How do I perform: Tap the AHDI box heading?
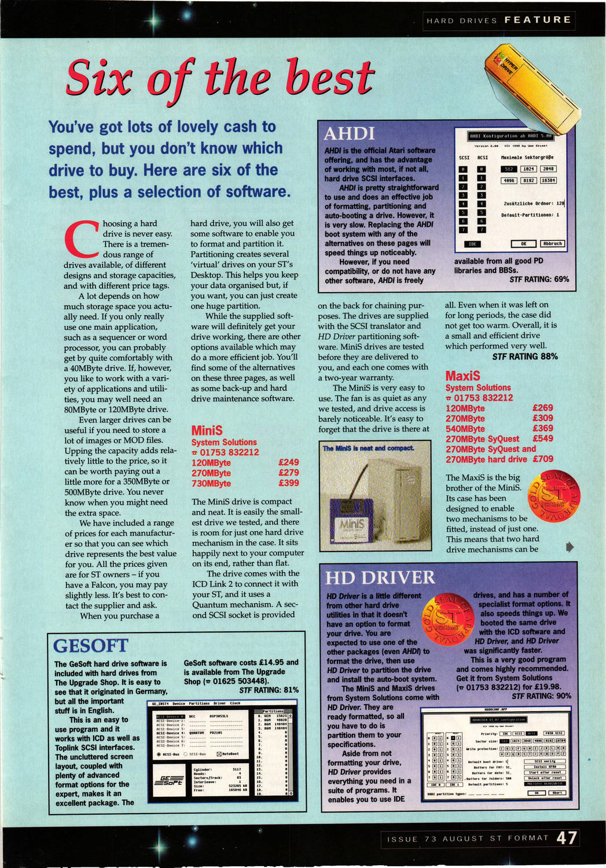click(349, 134)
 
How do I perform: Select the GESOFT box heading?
click(91, 645)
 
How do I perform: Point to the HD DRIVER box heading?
click(380, 578)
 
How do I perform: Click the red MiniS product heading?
click(207, 430)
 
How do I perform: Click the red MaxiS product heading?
click(462, 376)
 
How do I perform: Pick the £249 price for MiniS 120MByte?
click(288, 462)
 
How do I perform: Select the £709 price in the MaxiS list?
click(542, 459)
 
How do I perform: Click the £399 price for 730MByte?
click(288, 483)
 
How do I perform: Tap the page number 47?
click(567, 838)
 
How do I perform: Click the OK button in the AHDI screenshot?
click(523, 244)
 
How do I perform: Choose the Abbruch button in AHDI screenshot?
click(552, 244)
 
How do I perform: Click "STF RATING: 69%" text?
click(539, 279)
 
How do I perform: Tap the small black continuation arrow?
click(570, 546)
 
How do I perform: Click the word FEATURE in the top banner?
click(537, 20)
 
